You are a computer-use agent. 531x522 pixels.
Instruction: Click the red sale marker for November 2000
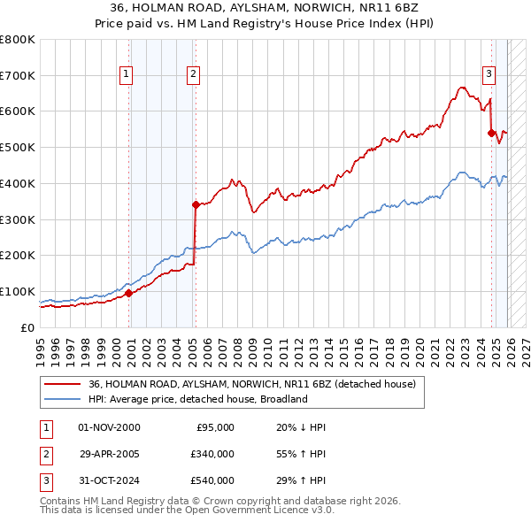coord(128,293)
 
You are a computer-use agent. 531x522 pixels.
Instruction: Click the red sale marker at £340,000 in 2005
coord(196,204)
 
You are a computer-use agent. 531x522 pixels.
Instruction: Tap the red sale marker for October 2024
coord(491,133)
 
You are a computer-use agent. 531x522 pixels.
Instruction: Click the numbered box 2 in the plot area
coord(193,74)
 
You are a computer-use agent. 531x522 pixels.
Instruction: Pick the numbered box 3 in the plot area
coord(489,74)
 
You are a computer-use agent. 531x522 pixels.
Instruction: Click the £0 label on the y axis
coord(27,327)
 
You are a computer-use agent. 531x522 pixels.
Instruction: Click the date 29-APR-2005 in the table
coord(109,454)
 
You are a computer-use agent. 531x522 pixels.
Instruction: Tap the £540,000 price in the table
coord(212,480)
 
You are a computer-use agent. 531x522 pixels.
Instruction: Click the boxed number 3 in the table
coord(43,480)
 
